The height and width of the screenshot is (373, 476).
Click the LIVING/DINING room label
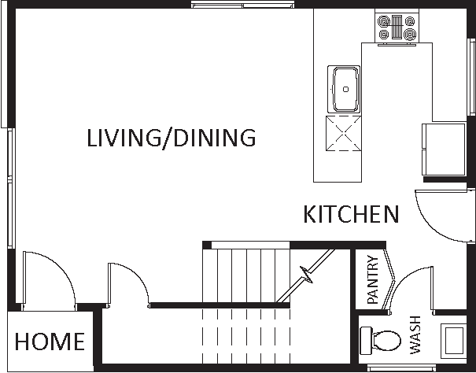click(172, 138)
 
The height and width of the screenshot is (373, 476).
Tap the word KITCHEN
click(351, 214)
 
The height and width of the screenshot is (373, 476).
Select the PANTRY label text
click(372, 279)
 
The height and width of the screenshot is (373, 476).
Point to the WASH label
click(415, 335)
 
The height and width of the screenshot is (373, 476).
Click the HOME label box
click(50, 341)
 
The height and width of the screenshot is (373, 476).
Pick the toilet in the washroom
click(380, 341)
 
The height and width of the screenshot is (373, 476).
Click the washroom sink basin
click(453, 341)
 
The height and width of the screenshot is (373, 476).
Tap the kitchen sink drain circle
click(345, 89)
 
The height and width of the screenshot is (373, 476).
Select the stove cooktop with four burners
click(397, 28)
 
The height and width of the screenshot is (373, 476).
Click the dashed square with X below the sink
click(344, 133)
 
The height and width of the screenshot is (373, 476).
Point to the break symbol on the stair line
click(306, 275)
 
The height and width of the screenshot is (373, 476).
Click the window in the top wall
click(242, 6)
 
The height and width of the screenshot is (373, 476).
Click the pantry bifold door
click(389, 279)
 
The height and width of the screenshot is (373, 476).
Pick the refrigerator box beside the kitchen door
click(444, 150)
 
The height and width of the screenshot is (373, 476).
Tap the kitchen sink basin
click(344, 89)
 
